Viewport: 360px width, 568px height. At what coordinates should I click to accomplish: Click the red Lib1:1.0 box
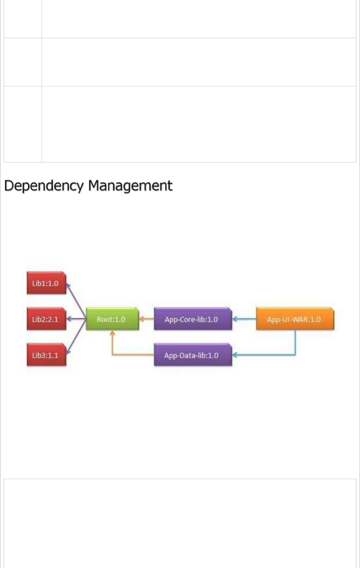[46, 283]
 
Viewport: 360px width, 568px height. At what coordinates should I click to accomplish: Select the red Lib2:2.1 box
[46, 319]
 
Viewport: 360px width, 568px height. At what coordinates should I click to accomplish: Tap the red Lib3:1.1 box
[46, 355]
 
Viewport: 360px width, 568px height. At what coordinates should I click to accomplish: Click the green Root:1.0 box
[112, 319]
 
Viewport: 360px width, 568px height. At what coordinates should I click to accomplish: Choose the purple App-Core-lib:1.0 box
[192, 319]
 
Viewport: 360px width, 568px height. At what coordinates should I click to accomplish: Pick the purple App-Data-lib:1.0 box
[192, 355]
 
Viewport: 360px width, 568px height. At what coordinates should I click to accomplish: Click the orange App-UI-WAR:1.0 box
[295, 319]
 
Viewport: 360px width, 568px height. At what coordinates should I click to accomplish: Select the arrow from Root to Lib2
[77, 319]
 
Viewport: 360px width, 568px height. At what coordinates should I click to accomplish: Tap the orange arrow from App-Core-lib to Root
[146, 319]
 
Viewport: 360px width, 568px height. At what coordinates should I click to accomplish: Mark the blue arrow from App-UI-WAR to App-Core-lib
[244, 319]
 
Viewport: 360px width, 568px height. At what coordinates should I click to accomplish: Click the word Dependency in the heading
[44, 186]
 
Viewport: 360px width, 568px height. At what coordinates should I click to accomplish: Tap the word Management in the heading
[130, 186]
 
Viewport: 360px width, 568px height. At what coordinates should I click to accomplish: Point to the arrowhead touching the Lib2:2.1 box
[69, 319]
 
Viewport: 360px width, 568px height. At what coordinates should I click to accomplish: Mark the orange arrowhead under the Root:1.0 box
[112, 332]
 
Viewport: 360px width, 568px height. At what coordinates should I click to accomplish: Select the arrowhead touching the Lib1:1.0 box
[68, 285]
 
